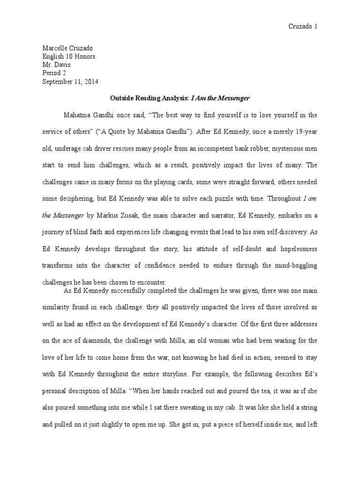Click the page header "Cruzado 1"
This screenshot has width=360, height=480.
click(302, 27)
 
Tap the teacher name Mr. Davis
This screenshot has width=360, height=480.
click(57, 65)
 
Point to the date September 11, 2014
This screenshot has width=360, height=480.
click(71, 81)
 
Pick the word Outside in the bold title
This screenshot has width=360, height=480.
click(122, 98)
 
